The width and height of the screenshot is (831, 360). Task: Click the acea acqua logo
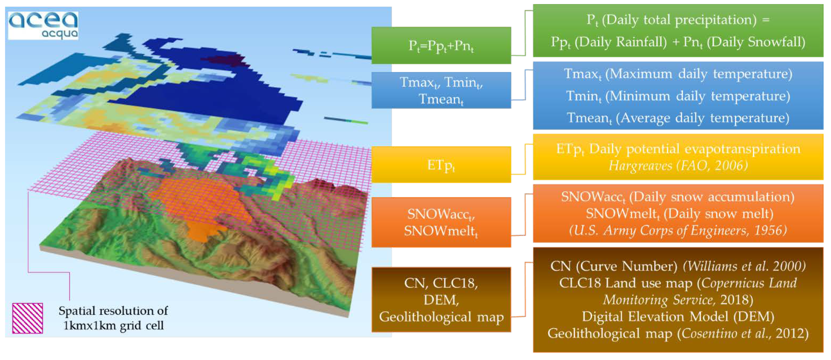pos(43,26)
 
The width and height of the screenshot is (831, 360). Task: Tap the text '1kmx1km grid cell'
pos(114,325)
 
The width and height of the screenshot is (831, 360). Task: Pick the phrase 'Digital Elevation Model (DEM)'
pos(678,317)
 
